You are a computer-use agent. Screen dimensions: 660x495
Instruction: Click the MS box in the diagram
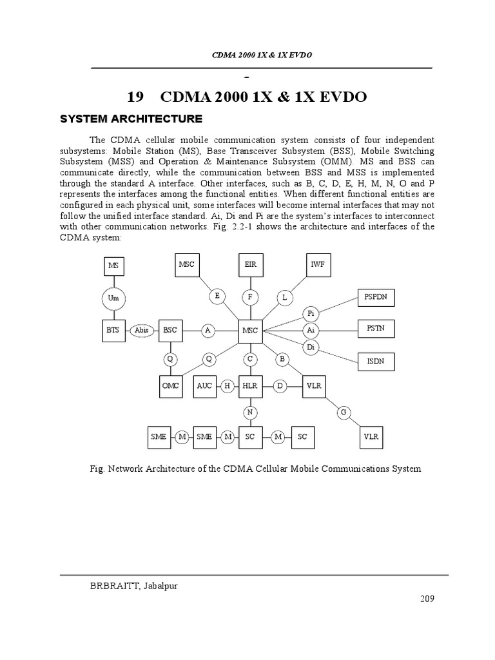coord(114,266)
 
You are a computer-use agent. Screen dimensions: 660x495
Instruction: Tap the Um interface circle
coord(114,298)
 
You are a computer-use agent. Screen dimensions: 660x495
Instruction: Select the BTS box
coord(114,330)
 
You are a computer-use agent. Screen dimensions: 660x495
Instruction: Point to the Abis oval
coord(142,330)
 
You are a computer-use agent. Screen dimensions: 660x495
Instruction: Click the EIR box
coord(250,265)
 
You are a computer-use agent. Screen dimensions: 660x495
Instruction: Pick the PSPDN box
coord(376,298)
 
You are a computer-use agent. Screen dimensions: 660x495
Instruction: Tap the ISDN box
coord(376,362)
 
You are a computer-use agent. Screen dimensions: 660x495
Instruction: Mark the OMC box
coord(170,385)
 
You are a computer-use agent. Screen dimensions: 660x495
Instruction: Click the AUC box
coord(204,385)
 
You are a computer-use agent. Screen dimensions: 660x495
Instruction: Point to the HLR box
coord(250,385)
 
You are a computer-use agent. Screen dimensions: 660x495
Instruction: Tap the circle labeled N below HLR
coord(250,412)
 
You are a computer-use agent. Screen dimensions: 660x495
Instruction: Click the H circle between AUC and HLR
coord(227,385)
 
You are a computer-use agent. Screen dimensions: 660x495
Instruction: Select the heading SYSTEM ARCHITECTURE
coord(131,119)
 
